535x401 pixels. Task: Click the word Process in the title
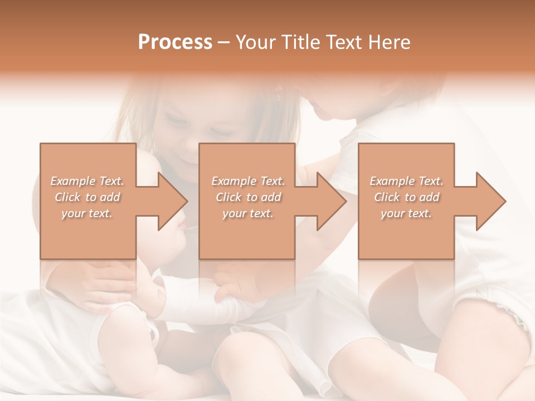175,42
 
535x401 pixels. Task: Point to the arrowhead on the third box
490,201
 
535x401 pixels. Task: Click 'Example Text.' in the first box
87,181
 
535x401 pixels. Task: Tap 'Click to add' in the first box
87,197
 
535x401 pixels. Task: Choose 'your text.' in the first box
87,213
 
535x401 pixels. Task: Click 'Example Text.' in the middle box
248,181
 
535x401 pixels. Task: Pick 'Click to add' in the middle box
248,197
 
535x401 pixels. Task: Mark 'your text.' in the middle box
248,213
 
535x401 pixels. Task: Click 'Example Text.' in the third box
406,181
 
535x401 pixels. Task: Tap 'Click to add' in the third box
406,197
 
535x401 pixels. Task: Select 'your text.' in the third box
406,213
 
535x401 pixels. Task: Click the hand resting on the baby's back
106,284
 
